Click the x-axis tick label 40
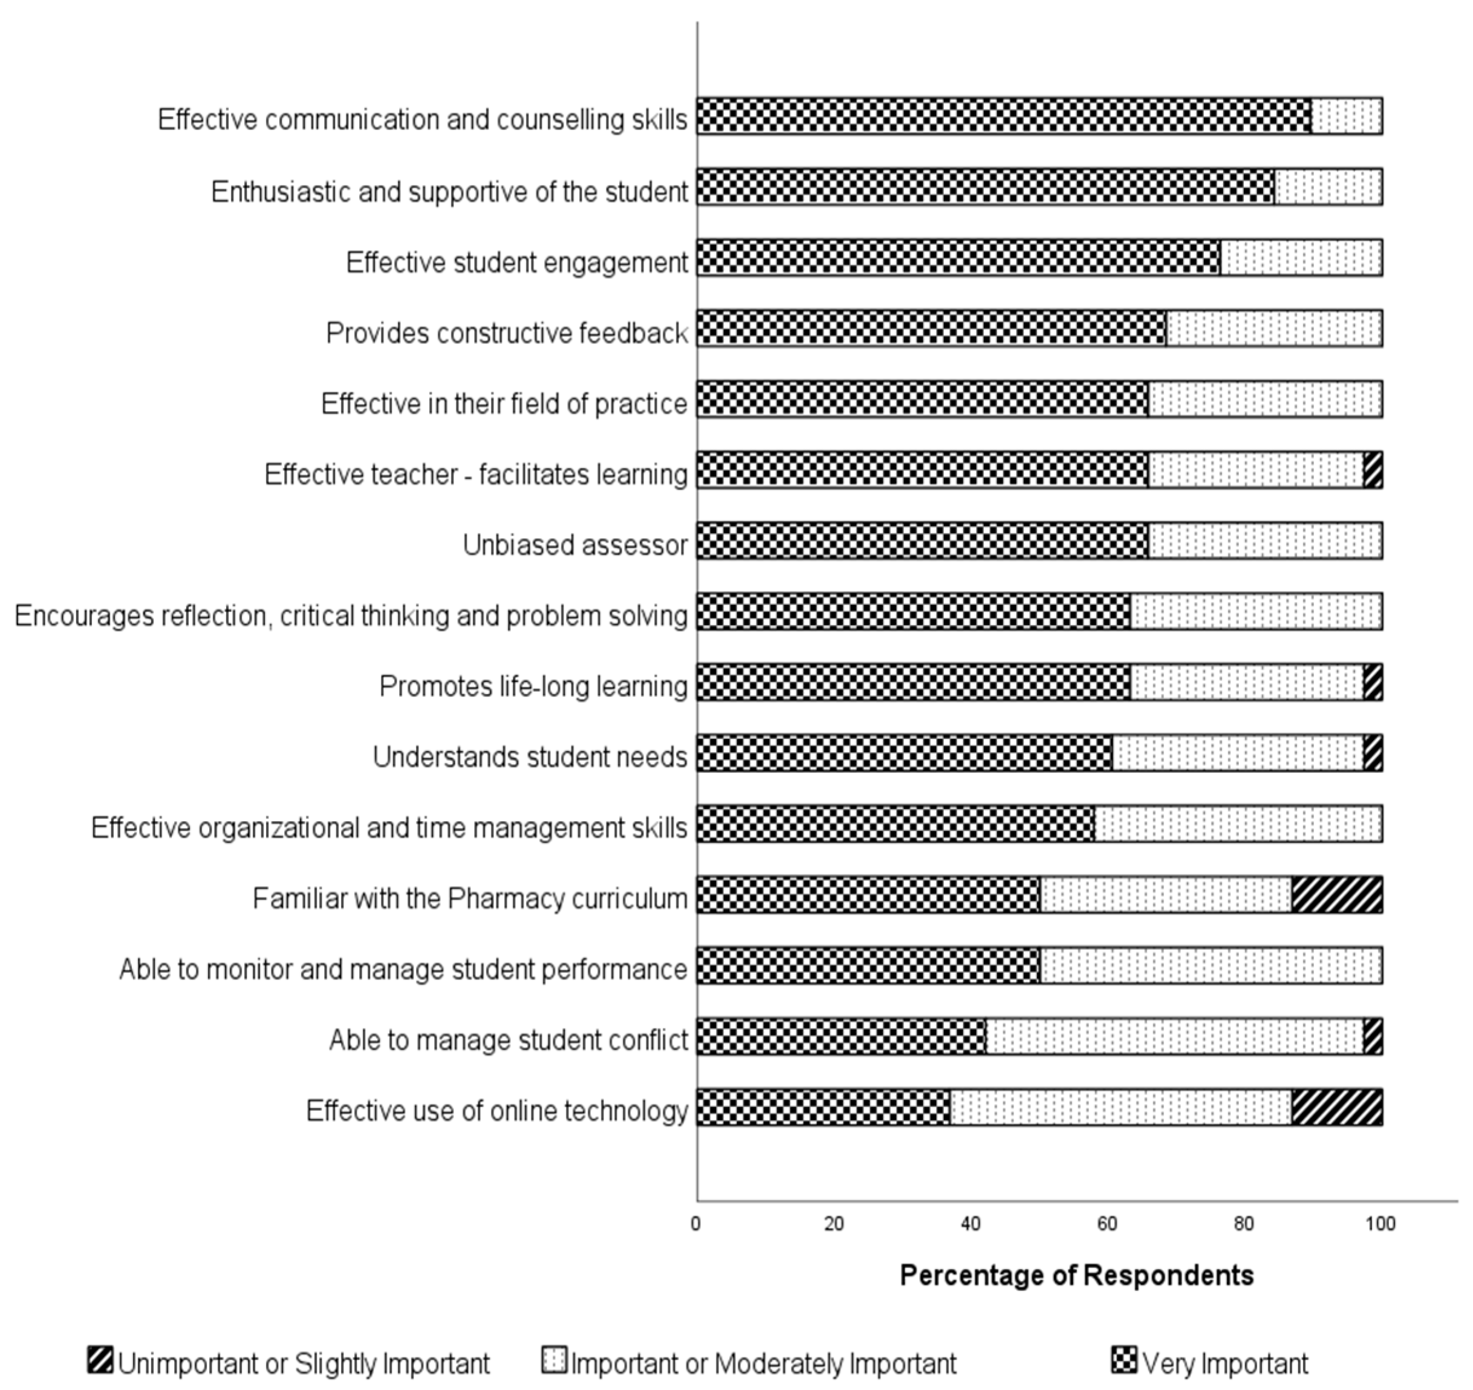[971, 1224]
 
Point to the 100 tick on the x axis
[1380, 1224]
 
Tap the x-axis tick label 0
[696, 1224]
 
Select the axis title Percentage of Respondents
[1076, 1275]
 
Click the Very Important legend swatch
[1123, 1360]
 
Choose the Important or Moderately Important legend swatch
[554, 1360]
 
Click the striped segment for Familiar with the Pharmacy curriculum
[1337, 895]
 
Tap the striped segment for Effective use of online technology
[1337, 1107]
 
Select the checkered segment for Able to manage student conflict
[842, 1036]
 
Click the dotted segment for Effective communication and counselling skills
[1346, 116]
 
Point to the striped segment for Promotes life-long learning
[1373, 683]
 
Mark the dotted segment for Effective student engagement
[1300, 258]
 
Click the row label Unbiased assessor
[575, 545]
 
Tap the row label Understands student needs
[530, 757]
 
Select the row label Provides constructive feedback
[507, 333]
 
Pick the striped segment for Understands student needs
[1373, 753]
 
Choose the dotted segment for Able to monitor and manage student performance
[1211, 966]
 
